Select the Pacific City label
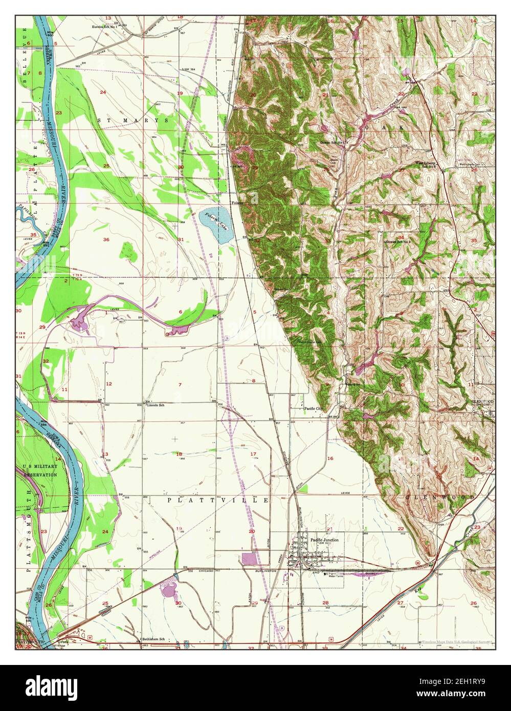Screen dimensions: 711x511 pyautogui.click(x=314, y=409)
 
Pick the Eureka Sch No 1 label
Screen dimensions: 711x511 pyautogui.click(x=104, y=27)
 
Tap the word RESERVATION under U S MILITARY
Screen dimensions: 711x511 pyautogui.click(x=40, y=475)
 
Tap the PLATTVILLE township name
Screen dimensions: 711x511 pyautogui.click(x=218, y=500)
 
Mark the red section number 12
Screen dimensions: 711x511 pyautogui.click(x=108, y=384)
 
